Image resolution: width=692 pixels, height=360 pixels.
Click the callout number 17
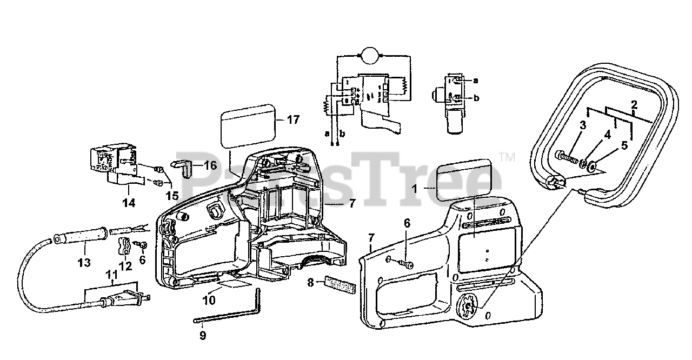[x=292, y=120]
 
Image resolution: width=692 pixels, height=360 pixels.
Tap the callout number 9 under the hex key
[x=203, y=335]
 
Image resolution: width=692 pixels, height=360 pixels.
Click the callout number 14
[x=128, y=203]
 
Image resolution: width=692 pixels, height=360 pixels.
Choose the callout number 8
[x=310, y=282]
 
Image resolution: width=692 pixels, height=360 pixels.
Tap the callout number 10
[x=209, y=299]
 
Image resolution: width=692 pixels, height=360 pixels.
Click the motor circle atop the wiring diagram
[x=370, y=55]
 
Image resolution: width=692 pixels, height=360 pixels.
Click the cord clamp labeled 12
[x=123, y=248]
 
